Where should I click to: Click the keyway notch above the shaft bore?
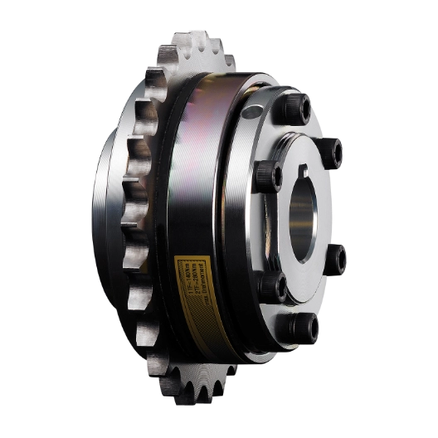click(296, 177)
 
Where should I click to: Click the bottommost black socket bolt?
click(302, 326)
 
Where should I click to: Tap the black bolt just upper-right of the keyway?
click(332, 152)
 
